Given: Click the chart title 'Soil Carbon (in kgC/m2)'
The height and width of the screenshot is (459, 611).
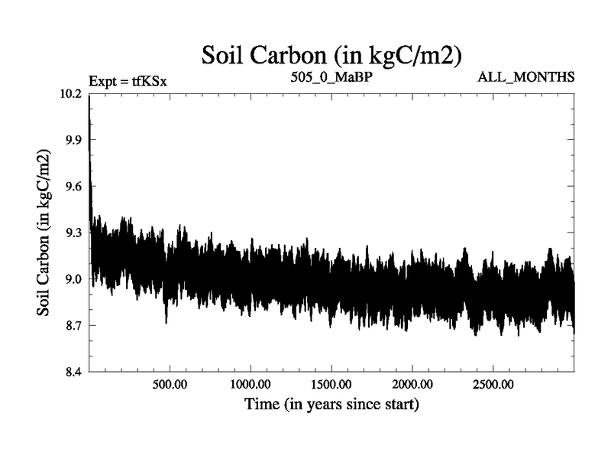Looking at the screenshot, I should click(x=331, y=56).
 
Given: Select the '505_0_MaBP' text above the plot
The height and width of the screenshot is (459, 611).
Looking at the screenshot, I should click(x=331, y=77).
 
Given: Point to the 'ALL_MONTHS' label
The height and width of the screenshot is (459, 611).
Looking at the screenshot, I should click(x=525, y=77).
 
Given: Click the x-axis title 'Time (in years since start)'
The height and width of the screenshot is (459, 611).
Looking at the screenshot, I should click(x=331, y=403).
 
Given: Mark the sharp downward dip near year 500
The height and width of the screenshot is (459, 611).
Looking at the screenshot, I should click(x=166, y=322).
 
